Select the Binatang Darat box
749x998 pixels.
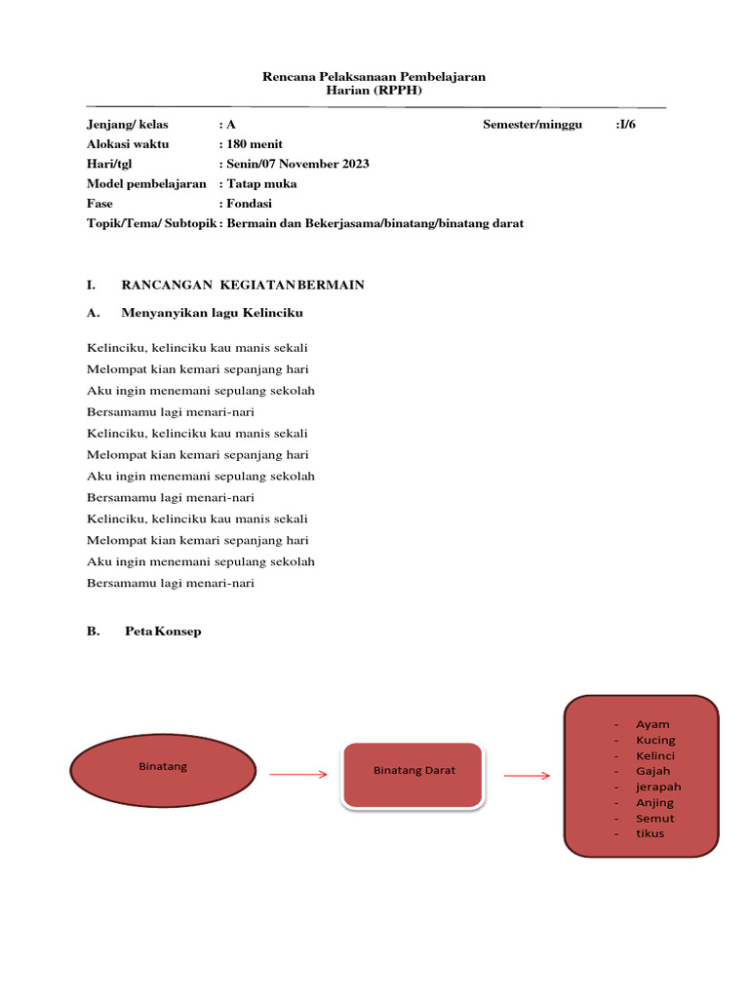(x=414, y=775)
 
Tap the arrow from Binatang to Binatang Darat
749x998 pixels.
(x=297, y=775)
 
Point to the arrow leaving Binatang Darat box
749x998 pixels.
(x=527, y=776)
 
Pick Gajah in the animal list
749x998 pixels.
(x=652, y=771)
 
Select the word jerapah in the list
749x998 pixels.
(x=658, y=787)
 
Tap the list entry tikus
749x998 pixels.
(x=650, y=833)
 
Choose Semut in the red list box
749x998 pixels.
(x=654, y=818)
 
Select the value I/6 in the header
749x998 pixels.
(x=626, y=125)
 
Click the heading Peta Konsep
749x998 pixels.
(x=163, y=632)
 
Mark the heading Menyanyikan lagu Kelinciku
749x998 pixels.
(x=212, y=313)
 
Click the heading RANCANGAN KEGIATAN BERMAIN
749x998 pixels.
(x=242, y=285)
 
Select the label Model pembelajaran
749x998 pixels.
(x=146, y=183)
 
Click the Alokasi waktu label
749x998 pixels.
(x=128, y=144)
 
